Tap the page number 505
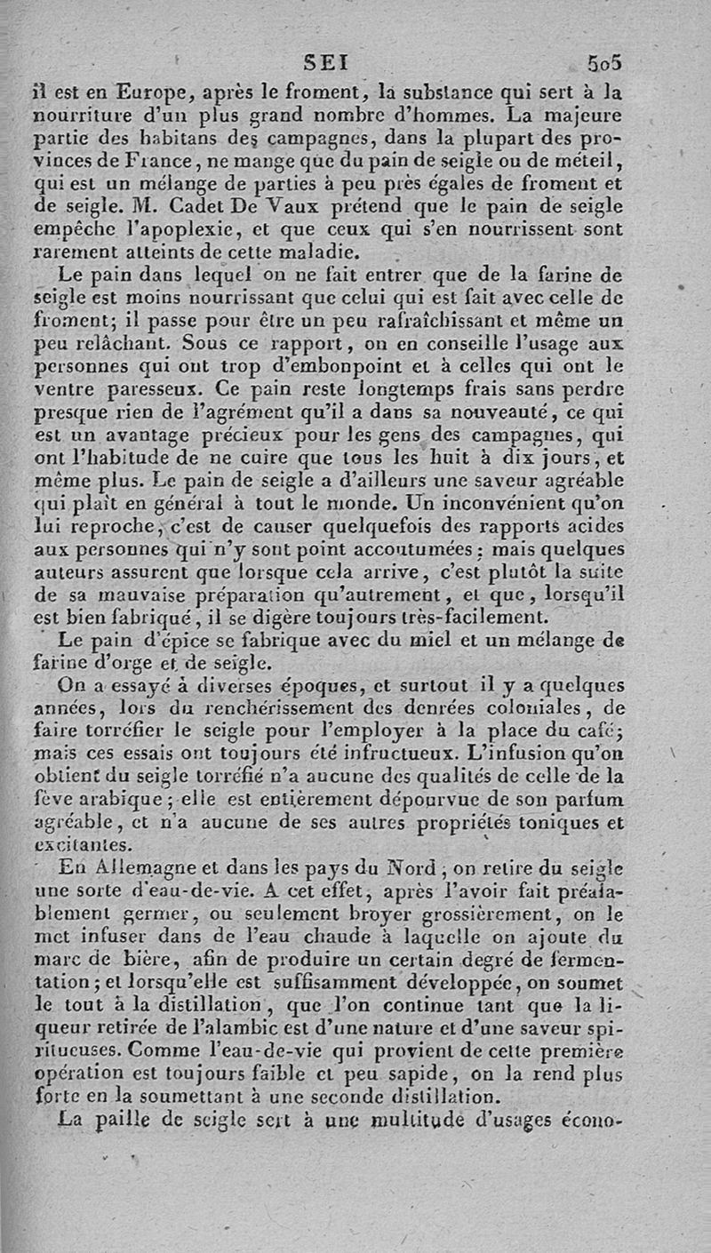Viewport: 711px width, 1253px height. click(603, 64)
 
